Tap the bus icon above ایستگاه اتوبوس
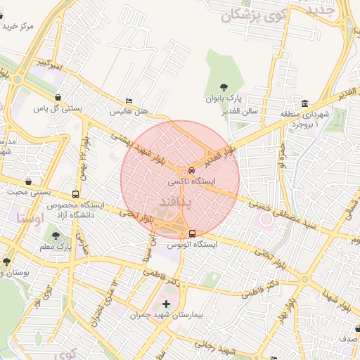[191, 234]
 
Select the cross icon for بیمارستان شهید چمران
[166, 304]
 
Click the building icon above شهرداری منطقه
[304, 103]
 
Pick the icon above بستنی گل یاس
[57, 98]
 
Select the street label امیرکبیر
[52, 67]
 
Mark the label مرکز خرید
[17, 26]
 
